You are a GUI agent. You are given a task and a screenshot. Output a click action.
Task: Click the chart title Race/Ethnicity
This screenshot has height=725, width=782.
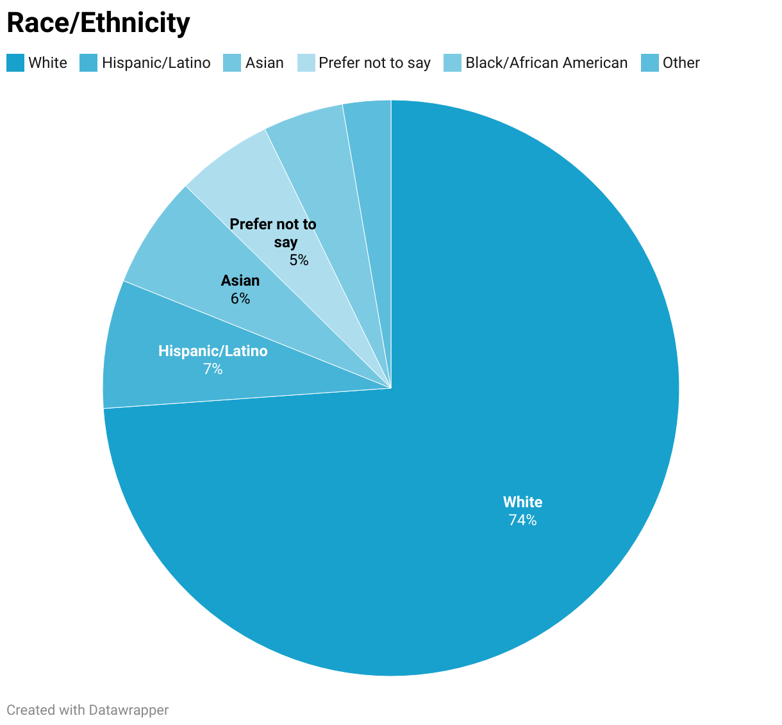pos(98,23)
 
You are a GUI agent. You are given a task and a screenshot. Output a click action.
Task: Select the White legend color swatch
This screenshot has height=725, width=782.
pos(15,63)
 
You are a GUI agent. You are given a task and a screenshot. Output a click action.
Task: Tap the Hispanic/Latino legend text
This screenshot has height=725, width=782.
pos(156,63)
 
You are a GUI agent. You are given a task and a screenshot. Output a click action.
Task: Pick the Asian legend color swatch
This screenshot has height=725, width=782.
pos(232,63)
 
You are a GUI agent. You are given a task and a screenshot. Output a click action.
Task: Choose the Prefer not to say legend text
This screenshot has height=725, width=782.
pos(374,63)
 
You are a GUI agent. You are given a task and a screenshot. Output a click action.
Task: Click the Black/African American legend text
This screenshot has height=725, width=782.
pos(546,63)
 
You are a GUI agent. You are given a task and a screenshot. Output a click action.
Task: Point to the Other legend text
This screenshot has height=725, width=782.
pos(681,63)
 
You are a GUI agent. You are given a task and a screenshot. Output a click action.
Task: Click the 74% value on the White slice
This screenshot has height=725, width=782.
pos(522,520)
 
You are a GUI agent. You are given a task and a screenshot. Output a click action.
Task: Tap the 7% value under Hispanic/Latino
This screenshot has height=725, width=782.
pos(213,369)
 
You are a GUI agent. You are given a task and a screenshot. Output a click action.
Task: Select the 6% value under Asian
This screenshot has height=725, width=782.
pos(240,298)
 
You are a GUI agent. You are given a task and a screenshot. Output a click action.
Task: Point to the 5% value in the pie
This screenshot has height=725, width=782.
pos(299,260)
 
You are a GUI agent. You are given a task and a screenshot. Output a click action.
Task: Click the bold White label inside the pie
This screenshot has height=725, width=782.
pos(522,502)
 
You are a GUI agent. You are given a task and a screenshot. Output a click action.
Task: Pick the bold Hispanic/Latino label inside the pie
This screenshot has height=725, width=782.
pos(213,351)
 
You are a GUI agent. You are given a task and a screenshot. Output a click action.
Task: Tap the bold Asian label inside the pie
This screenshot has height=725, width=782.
pos(240,281)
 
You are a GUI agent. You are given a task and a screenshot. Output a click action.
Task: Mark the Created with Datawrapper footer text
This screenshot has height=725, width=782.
pos(88,710)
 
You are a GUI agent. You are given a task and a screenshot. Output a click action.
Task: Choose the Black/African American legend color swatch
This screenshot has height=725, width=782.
pos(453,63)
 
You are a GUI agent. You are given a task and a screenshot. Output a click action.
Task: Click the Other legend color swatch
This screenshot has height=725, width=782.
pos(650,63)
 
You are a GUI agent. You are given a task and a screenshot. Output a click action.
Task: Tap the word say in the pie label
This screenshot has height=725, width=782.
pos(286,242)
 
